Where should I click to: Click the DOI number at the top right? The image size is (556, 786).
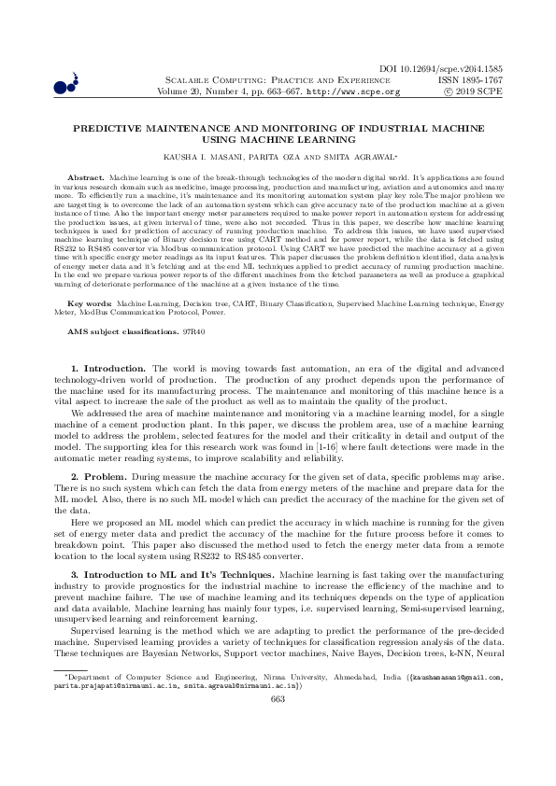click(458, 70)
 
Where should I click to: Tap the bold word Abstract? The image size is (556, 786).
click(89, 176)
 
